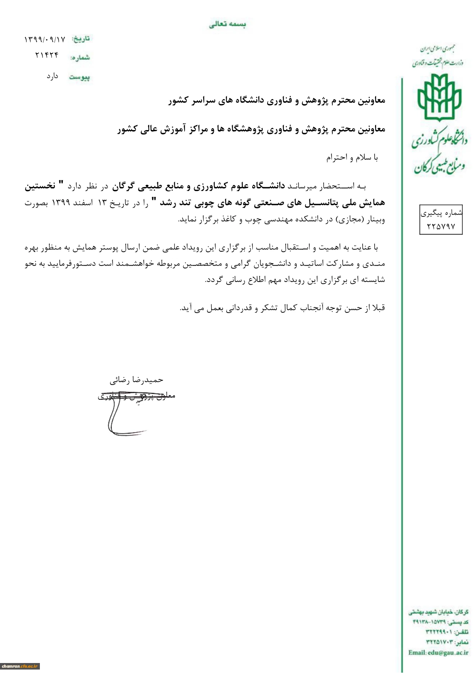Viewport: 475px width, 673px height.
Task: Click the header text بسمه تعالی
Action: click(227, 25)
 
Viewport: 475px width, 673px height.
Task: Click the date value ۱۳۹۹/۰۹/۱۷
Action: click(45, 40)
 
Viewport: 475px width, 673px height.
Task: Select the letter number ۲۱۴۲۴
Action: click(47, 55)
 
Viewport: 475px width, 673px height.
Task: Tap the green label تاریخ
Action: click(81, 39)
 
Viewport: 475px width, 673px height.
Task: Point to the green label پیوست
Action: click(79, 77)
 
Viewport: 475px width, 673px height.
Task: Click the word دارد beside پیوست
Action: click(53, 76)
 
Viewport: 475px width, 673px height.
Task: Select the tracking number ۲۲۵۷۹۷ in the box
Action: click(441, 226)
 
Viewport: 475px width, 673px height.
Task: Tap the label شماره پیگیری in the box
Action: click(441, 213)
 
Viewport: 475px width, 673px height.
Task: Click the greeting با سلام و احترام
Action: click(352, 158)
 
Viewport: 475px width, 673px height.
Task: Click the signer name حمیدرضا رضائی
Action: click(136, 380)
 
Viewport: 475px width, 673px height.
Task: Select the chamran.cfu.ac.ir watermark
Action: click(20, 666)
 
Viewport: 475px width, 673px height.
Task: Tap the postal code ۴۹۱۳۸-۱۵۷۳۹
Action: click(429, 622)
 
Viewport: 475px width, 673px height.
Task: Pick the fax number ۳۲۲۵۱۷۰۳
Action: click(439, 642)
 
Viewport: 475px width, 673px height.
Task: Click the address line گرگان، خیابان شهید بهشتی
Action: click(438, 612)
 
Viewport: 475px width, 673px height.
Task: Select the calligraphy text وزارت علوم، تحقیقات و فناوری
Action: click(437, 62)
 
